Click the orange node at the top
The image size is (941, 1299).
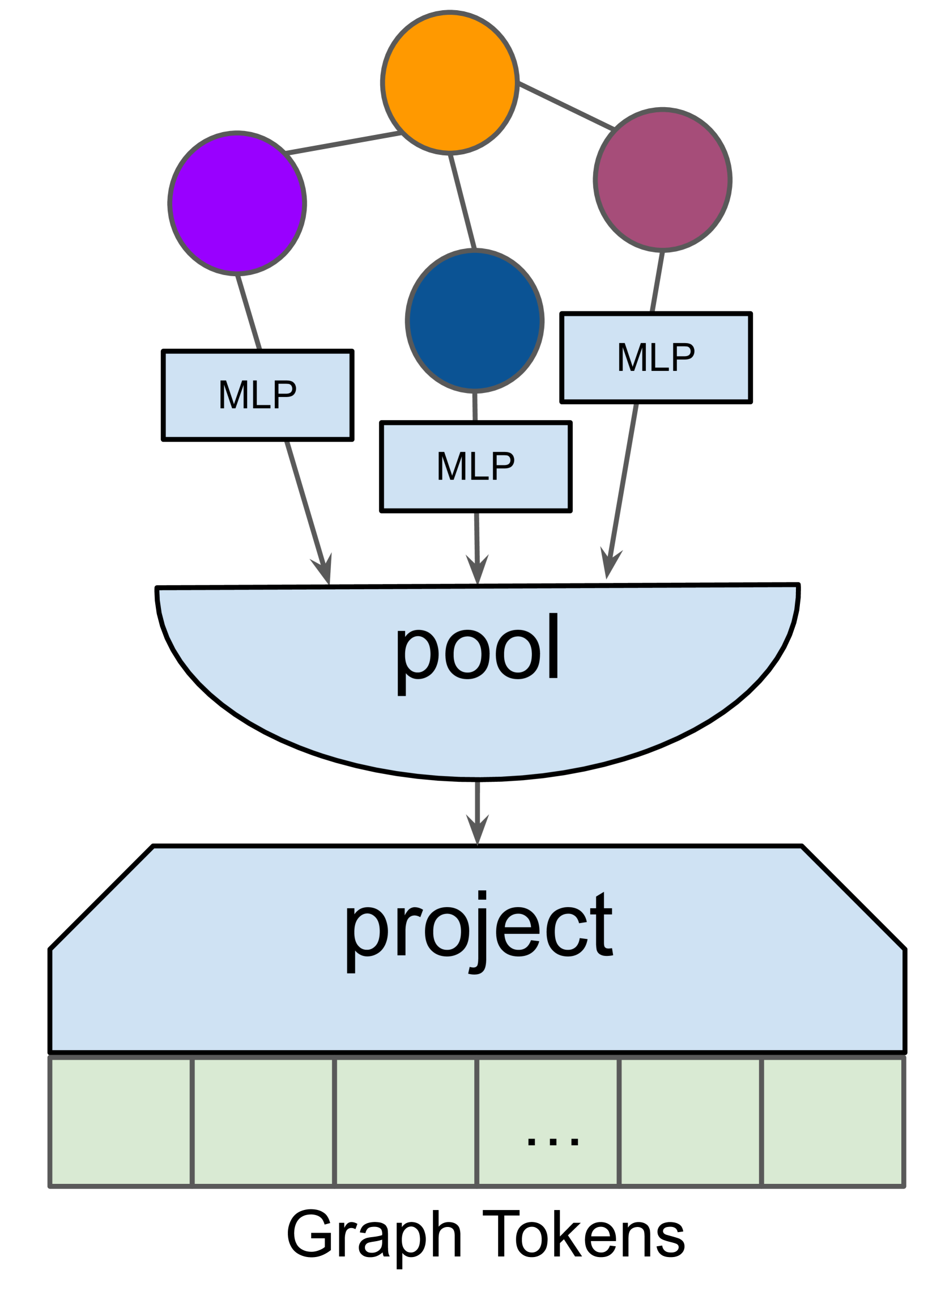450,82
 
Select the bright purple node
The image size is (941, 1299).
237,204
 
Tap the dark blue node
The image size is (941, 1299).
475,321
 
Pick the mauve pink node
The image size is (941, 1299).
662,179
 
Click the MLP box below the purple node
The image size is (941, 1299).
258,395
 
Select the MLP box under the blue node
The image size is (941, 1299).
476,467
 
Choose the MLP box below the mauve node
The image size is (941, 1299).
656,358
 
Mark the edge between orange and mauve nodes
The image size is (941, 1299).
565,105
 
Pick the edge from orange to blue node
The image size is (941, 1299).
462,202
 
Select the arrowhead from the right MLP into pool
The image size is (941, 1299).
609,564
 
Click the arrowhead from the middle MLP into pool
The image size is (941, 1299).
478,569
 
